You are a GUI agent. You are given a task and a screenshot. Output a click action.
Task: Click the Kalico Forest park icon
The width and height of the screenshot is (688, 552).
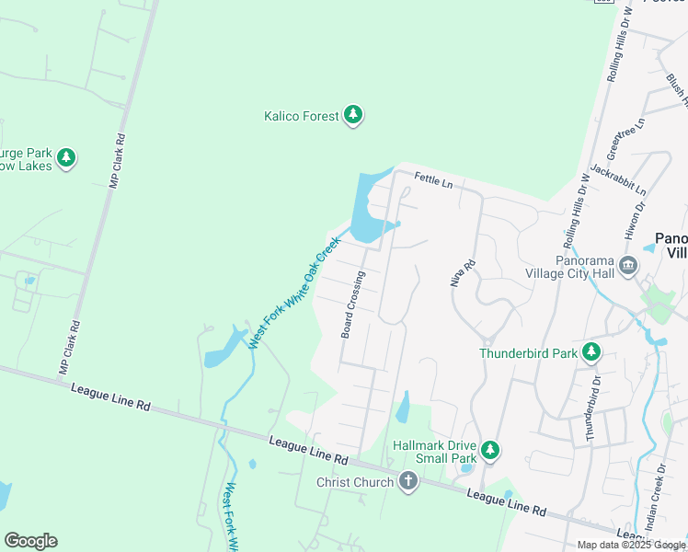(x=353, y=116)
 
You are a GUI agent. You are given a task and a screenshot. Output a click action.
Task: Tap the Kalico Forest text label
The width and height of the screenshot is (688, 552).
(x=301, y=116)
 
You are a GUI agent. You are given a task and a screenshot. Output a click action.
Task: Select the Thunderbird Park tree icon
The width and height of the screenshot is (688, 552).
(x=591, y=352)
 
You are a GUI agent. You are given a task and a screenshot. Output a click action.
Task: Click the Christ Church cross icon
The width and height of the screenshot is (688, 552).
(x=408, y=481)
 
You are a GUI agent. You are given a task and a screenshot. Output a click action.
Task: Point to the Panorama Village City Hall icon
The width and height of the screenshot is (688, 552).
(x=628, y=267)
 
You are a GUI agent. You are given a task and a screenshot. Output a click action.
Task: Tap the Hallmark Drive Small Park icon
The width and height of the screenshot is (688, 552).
(x=491, y=450)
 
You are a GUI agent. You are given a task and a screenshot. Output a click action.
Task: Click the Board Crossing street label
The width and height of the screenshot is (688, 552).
(x=353, y=305)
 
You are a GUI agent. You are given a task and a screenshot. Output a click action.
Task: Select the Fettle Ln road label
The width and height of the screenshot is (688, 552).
(x=434, y=181)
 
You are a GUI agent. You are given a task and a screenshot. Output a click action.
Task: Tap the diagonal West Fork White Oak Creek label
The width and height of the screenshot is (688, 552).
(x=294, y=293)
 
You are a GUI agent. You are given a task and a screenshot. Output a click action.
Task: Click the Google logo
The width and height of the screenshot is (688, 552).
(x=30, y=541)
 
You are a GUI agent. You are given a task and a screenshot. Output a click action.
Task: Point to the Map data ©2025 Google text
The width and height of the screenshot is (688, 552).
(x=630, y=545)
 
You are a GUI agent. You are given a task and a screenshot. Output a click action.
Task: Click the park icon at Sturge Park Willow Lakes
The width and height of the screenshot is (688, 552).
(x=65, y=157)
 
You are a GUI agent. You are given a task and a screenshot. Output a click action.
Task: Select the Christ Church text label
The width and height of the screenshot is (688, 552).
(x=354, y=482)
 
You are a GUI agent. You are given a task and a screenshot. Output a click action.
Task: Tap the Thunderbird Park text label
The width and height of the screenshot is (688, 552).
(x=528, y=353)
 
